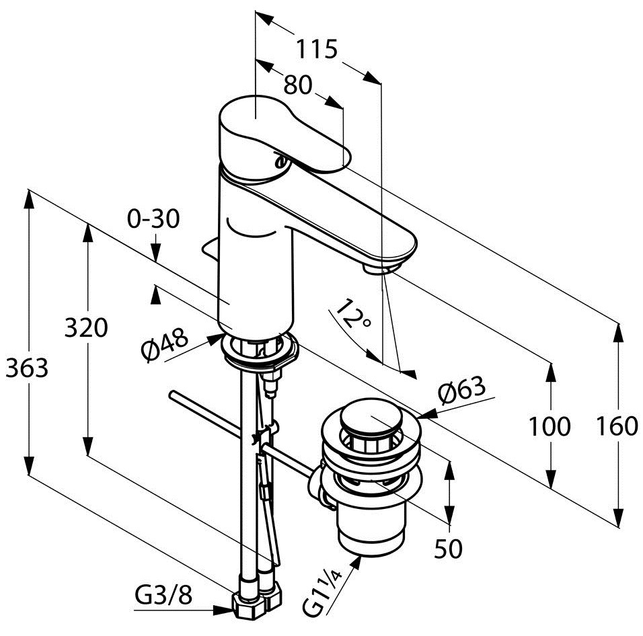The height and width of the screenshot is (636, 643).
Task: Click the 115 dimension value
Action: click(x=317, y=49)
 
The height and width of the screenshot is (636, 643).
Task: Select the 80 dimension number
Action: click(x=298, y=85)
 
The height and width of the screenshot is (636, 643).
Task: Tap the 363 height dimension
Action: click(x=27, y=368)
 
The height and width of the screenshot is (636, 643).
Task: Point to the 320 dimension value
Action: click(x=87, y=328)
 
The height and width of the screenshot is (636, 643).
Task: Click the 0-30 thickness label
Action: click(x=153, y=218)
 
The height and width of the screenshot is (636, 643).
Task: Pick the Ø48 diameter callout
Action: click(x=164, y=344)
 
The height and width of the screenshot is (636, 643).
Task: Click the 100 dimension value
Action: click(x=549, y=426)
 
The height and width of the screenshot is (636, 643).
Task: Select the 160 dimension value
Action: click(x=617, y=426)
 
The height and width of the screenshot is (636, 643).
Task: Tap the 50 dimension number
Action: click(x=448, y=549)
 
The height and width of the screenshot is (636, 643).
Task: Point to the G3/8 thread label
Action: click(x=163, y=594)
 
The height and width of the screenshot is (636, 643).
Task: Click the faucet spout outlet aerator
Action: click(x=381, y=269)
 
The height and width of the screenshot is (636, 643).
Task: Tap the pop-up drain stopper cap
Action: click(x=371, y=418)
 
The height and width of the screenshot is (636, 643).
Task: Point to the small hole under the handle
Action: click(x=280, y=161)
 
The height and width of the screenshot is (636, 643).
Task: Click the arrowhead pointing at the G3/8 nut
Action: click(x=223, y=610)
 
